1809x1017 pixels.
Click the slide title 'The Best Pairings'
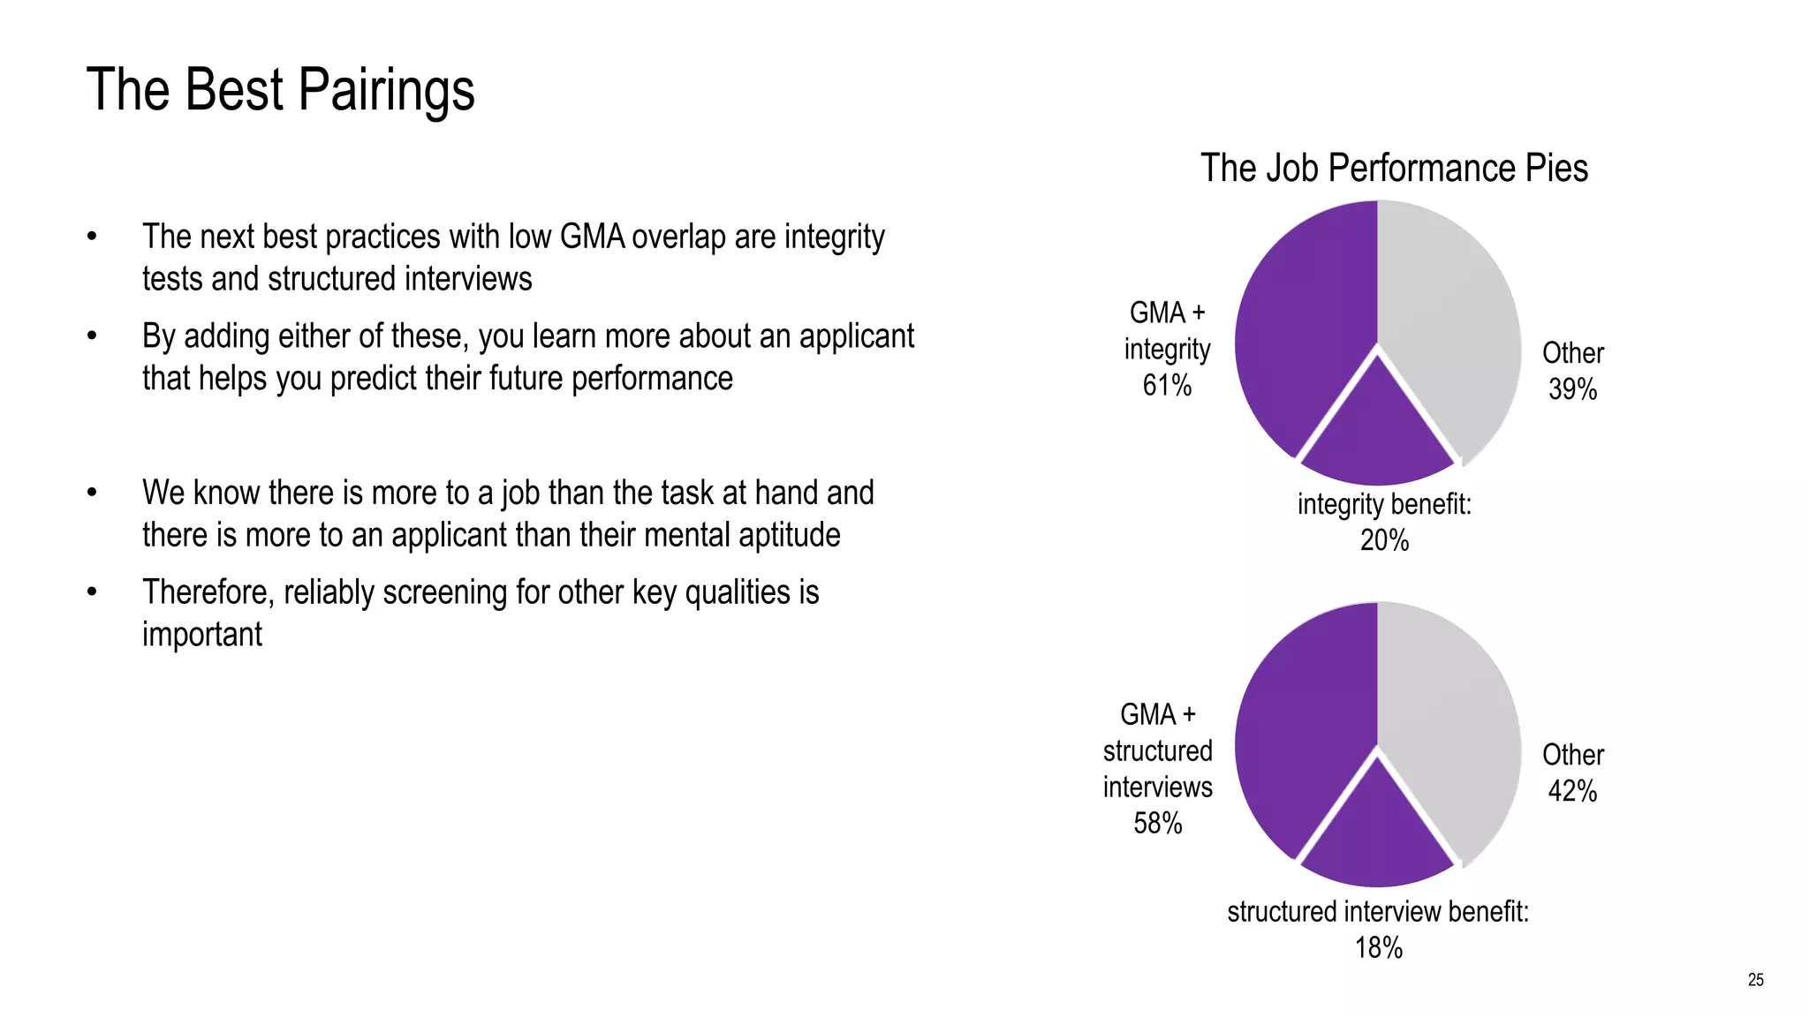pos(280,90)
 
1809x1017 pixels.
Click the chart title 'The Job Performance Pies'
pos(1393,168)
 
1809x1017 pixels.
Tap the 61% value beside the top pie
pos(1167,386)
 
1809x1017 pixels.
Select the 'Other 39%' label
pos(1572,371)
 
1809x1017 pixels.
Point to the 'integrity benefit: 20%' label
pos(1384,522)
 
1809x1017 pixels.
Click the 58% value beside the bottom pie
pos(1157,823)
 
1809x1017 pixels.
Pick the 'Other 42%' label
pos(1572,772)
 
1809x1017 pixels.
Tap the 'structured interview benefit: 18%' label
pos(1378,929)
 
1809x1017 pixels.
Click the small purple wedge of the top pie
pos(1378,433)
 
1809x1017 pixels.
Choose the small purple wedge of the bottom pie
pos(1378,834)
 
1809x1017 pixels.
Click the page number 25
pos(1755,980)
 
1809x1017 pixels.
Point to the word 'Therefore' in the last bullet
pos(208,592)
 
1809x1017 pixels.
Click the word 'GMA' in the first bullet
pos(592,237)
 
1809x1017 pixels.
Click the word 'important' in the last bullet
pos(202,635)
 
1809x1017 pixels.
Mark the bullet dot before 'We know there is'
pos(92,493)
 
